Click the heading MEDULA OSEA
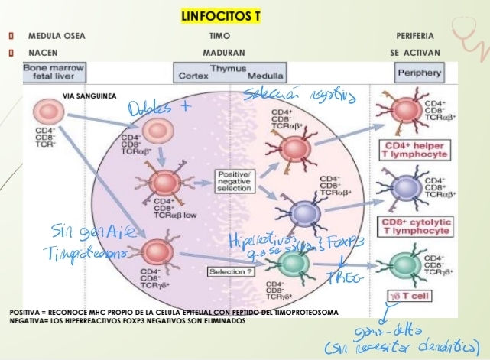point(57,36)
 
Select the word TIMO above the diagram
point(219,36)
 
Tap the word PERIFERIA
point(415,36)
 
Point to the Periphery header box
point(419,73)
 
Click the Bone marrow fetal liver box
point(53,73)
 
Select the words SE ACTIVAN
point(415,54)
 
